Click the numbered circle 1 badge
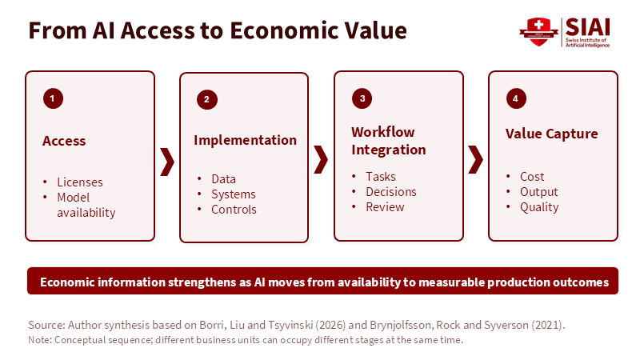tap(53, 98)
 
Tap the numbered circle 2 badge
tap(207, 99)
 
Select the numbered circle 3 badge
tap(362, 98)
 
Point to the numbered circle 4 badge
tap(516, 98)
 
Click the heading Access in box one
tap(64, 141)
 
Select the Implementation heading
tap(245, 140)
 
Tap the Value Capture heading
tap(551, 134)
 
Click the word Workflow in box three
tap(383, 132)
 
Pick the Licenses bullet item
tap(80, 182)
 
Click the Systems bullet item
tap(234, 194)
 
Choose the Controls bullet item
tap(234, 210)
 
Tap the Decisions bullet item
tap(391, 192)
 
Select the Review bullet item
tap(385, 207)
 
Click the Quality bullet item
tap(539, 207)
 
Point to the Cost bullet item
tap(532, 177)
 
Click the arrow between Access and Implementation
tap(168, 162)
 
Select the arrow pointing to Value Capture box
tap(476, 159)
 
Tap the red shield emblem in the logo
tap(538, 32)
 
